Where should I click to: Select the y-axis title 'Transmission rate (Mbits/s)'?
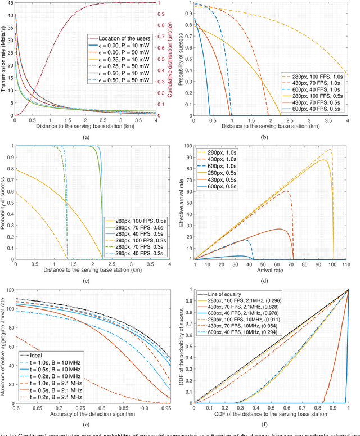(4, 59)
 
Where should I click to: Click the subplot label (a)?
(85, 137)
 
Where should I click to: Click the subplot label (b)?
(271, 137)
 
